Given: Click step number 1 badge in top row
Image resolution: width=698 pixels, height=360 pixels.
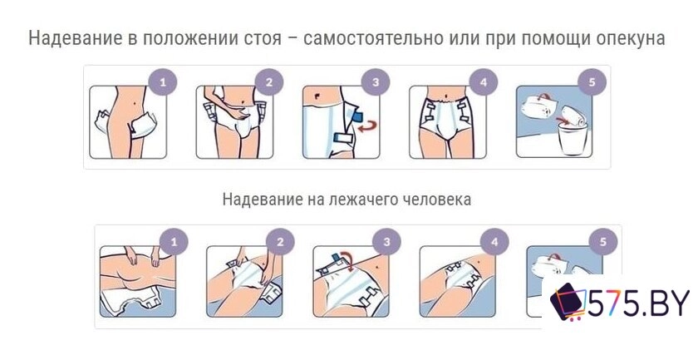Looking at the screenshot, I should (x=163, y=81).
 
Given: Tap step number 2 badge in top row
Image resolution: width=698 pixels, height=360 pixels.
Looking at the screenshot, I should (x=269, y=81).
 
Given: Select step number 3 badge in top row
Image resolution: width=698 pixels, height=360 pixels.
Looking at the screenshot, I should (x=376, y=81).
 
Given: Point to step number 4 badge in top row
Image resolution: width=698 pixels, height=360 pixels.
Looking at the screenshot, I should (x=482, y=81).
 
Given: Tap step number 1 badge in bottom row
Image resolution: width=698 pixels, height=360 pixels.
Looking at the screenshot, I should (x=174, y=242).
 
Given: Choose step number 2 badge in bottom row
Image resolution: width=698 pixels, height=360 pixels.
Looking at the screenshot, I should (x=281, y=242).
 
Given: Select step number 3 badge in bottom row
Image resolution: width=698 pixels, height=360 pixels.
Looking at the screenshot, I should (x=387, y=242).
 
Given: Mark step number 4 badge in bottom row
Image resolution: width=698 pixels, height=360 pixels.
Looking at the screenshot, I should (x=494, y=242).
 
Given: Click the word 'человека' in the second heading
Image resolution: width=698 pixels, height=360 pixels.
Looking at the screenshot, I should (x=440, y=200).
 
